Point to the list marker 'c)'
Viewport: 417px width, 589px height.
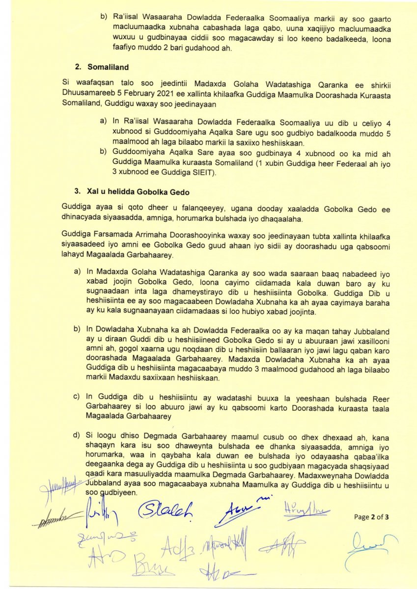coord(77,397)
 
